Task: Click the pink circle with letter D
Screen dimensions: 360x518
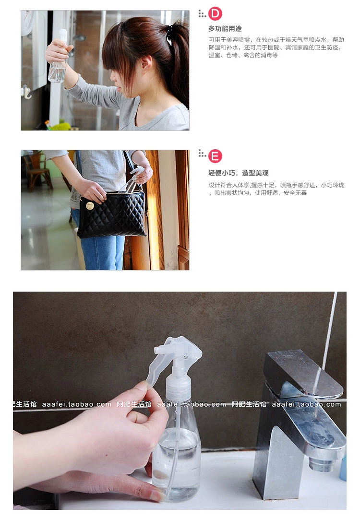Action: coord(215,13)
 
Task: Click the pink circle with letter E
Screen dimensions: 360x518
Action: coord(215,156)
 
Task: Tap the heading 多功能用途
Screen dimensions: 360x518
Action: coord(225,29)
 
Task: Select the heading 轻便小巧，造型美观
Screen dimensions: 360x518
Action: coord(238,173)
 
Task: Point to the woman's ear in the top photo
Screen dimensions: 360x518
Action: coord(146,63)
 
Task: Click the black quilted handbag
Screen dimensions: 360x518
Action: coord(112,214)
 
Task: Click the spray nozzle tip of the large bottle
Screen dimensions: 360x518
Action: coord(158,349)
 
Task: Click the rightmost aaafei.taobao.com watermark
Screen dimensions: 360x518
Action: coord(306,404)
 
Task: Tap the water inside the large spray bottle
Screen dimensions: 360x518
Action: coord(177,462)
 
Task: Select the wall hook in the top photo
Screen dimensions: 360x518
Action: coord(27,93)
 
